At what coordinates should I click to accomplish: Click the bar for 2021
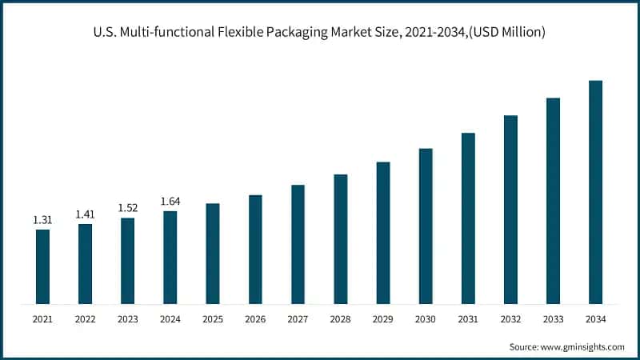[42, 266]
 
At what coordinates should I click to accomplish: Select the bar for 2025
[213, 254]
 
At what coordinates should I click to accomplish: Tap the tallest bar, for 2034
[595, 192]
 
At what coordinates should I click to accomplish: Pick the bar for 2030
[426, 226]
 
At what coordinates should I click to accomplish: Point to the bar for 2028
[340, 239]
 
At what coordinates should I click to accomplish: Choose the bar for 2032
[510, 210]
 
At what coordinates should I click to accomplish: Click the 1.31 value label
[42, 219]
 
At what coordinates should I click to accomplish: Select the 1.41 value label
[85, 214]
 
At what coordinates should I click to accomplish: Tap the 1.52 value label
[127, 207]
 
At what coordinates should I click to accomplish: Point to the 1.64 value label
[170, 201]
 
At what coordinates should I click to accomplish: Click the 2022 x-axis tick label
[85, 320]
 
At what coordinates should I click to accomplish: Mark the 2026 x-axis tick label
[255, 320]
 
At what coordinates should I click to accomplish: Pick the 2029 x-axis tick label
[383, 320]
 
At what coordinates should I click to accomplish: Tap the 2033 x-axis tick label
[553, 320]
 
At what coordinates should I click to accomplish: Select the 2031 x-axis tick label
[468, 320]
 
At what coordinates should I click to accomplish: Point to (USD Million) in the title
[503, 32]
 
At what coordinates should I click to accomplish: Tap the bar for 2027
[298, 244]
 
